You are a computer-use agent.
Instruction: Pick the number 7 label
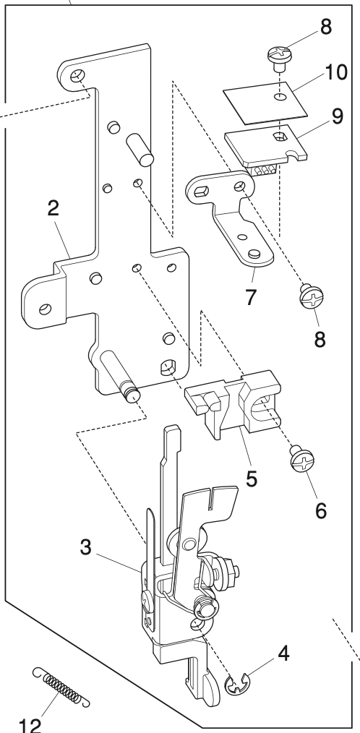[x=249, y=296]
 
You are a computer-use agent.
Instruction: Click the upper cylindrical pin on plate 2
[x=140, y=148]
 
